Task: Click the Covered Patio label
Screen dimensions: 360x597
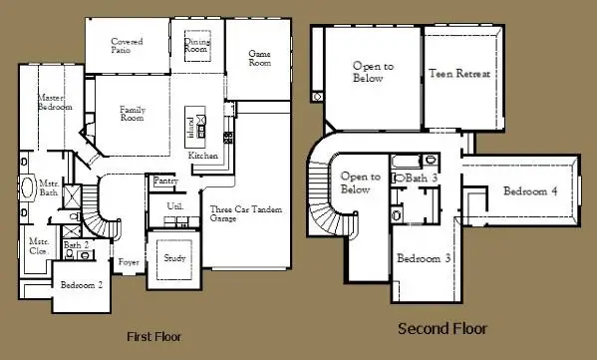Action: [x=127, y=46]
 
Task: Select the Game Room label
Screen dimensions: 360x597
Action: [x=259, y=57]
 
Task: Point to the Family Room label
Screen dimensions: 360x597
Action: [x=133, y=114]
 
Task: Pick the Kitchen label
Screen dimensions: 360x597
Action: [x=203, y=157]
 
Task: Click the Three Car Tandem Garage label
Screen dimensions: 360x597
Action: [x=236, y=214]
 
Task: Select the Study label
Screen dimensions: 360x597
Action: [x=174, y=257]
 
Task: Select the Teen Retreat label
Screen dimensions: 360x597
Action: [x=458, y=74]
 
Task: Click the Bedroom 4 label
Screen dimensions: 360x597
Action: [x=529, y=191]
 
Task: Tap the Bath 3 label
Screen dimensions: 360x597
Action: [x=420, y=178]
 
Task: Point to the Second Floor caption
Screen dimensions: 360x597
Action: [x=443, y=328]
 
